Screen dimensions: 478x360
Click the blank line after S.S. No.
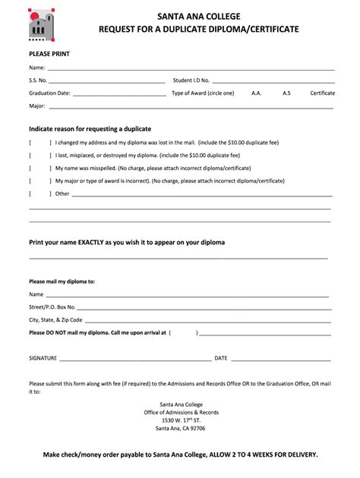click(106, 80)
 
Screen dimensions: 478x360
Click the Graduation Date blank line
click(119, 93)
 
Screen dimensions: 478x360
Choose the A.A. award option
click(256, 93)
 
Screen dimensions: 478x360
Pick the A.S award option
click(286, 93)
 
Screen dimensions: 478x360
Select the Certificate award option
click(322, 93)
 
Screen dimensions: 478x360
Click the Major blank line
click(190, 106)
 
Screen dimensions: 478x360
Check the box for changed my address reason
click(40, 143)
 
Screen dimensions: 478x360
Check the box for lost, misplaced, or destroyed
click(40, 156)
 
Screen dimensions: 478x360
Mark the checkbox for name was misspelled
click(40, 168)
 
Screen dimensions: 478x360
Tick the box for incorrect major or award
click(40, 181)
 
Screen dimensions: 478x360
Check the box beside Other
click(40, 194)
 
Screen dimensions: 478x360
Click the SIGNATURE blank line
click(135, 358)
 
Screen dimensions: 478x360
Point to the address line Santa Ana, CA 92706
click(180, 429)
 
